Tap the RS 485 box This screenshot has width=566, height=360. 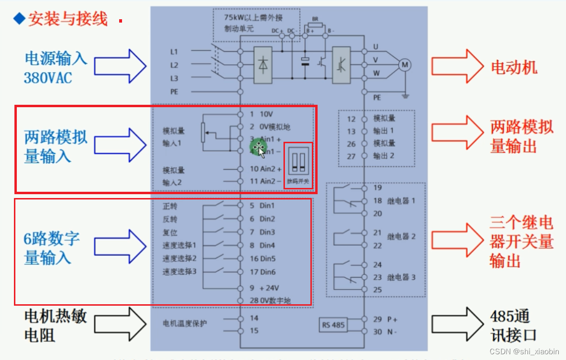point(333,325)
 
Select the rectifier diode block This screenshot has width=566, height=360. point(263,65)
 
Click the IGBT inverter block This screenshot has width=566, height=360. point(342,65)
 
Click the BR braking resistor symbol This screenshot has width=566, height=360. point(315,26)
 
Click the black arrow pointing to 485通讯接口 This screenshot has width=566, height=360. point(457,325)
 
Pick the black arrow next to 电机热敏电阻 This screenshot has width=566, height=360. point(120,325)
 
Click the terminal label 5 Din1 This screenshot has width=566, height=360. point(262,206)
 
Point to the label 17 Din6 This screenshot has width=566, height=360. point(262,272)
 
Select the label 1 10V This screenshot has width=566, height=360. point(261,114)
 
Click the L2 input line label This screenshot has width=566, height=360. point(174,65)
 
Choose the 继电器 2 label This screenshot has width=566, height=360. point(401,236)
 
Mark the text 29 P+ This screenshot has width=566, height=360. point(385,319)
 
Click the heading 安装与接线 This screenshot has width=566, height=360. point(67,19)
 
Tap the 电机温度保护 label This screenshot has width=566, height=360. point(185,323)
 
